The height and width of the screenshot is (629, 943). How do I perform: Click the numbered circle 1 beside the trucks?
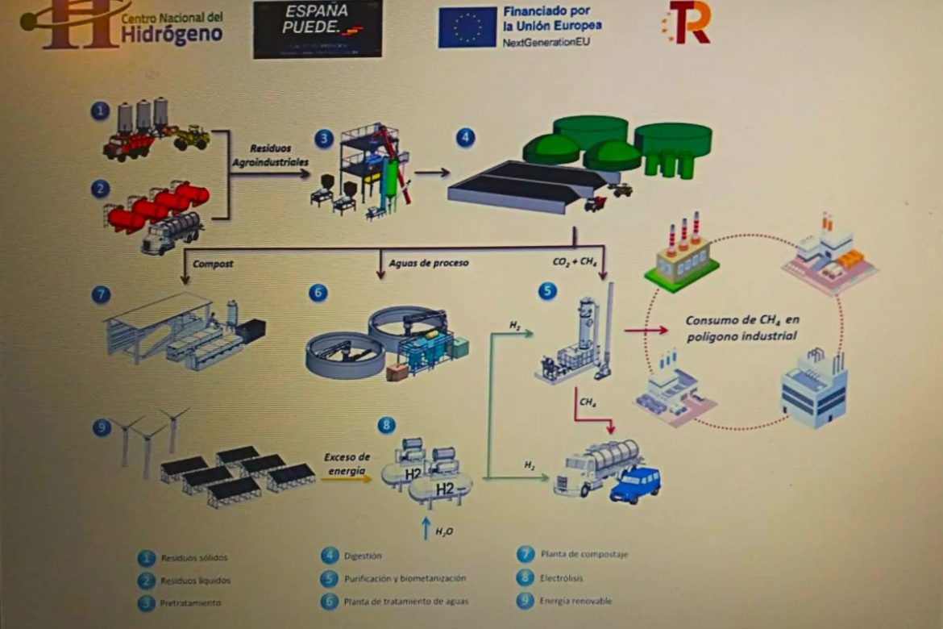pos(100,110)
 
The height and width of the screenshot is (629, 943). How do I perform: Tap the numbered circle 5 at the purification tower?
pos(548,290)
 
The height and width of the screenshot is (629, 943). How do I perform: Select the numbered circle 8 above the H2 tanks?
pos(388,424)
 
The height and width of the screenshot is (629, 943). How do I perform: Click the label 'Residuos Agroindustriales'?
pos(270,156)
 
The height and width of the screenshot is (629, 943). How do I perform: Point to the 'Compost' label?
pos(213,264)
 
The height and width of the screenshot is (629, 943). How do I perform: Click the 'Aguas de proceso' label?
pos(417,264)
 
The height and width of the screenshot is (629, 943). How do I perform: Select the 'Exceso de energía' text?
pos(347,463)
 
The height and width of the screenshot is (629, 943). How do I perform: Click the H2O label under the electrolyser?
pos(444,531)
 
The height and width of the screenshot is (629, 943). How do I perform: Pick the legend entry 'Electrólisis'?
pos(561,577)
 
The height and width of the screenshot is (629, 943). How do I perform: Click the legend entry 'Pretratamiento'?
pos(190,602)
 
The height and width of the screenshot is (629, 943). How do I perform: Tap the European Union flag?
pos(467,27)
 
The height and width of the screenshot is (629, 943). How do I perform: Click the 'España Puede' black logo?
pos(318,28)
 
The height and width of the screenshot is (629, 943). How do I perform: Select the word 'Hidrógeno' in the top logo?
pos(171,34)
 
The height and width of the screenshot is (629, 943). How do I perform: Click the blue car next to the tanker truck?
pos(635,484)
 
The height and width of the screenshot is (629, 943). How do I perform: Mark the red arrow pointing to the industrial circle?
pos(646,329)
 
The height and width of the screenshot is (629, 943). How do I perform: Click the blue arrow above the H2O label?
pos(426,527)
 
